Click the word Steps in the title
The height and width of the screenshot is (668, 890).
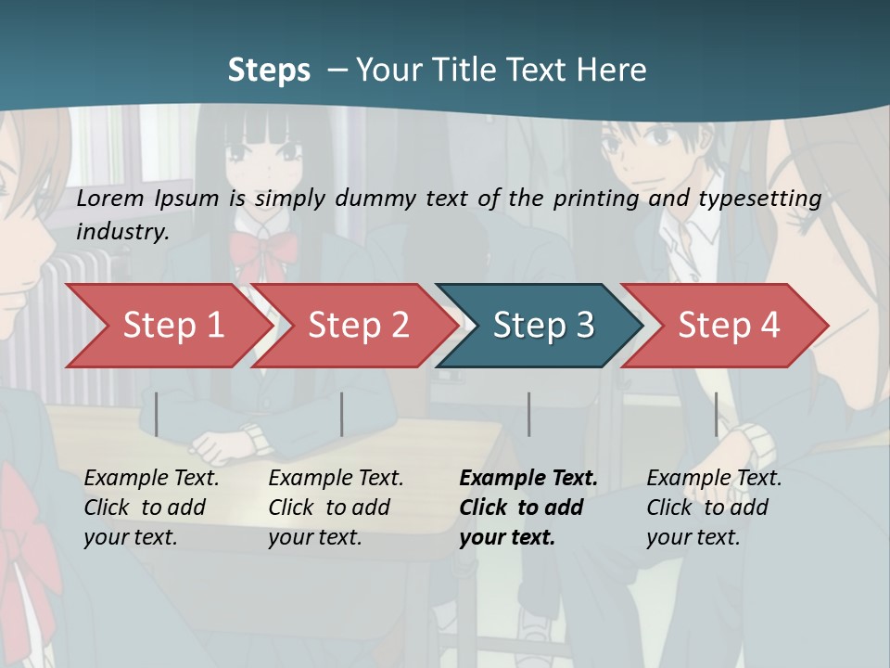point(269,70)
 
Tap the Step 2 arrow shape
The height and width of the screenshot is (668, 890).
point(353,326)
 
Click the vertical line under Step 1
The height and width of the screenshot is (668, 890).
point(157,414)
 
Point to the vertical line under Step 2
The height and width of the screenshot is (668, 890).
point(342,414)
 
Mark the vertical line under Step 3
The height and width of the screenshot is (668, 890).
point(528,414)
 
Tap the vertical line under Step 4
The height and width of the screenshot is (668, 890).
point(716,414)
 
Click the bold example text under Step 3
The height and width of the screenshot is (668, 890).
point(527,507)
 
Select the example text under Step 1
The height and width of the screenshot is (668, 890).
point(150,507)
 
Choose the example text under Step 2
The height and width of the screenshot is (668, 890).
point(335,507)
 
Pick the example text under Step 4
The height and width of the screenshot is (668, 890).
point(713,507)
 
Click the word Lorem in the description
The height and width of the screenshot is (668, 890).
point(110,199)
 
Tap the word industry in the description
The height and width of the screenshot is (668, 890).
point(121,232)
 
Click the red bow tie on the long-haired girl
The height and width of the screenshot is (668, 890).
point(262,248)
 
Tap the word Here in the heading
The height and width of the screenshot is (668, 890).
point(612,70)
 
